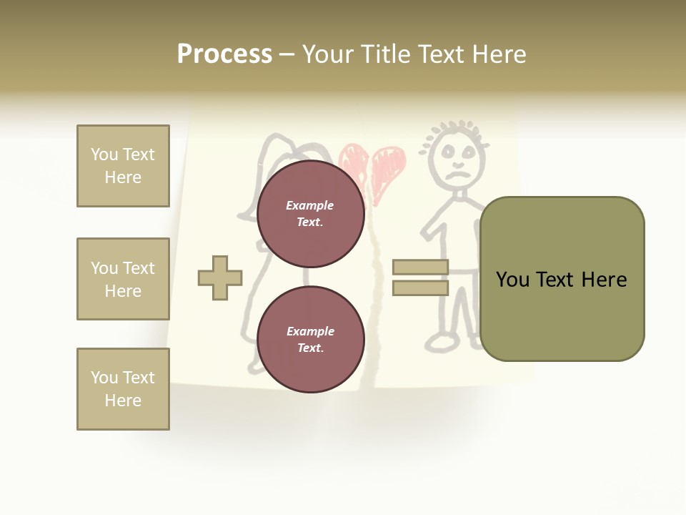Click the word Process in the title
(224, 54)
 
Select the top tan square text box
(123, 166)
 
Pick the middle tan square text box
(123, 279)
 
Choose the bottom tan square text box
(123, 389)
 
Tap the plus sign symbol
(220, 278)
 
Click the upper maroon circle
(311, 214)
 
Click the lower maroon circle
(311, 339)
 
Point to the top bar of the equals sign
(420, 267)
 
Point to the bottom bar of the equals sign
(420, 288)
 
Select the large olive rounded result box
(562, 279)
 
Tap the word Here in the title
(498, 54)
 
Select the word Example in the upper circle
(309, 205)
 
